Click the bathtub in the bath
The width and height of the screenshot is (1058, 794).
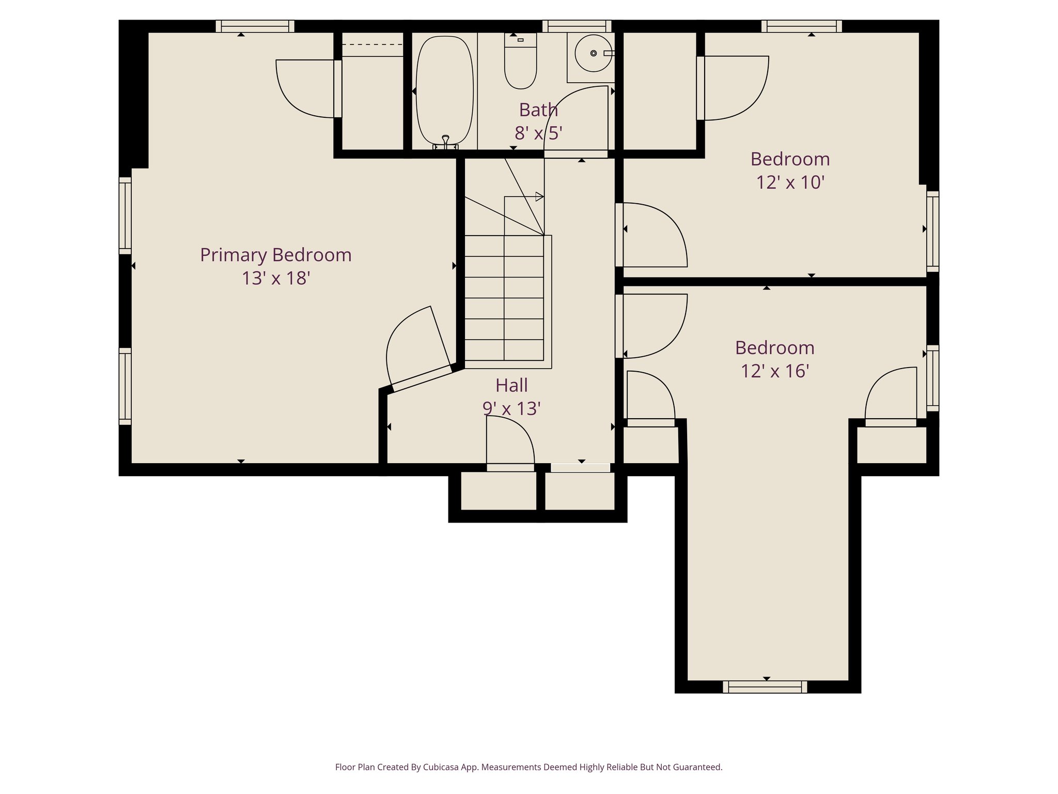tap(444, 90)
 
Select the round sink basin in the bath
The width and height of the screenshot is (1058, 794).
tap(593, 53)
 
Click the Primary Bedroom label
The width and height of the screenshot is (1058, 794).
tap(275, 255)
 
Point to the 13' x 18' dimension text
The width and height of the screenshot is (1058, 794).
tap(275, 278)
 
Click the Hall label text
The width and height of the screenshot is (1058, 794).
tap(511, 386)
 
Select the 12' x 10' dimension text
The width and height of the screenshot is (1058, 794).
tap(790, 182)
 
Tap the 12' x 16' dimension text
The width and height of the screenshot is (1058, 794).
tap(774, 371)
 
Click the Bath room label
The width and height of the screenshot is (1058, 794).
tap(538, 110)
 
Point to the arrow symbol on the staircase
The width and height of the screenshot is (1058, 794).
tap(539, 196)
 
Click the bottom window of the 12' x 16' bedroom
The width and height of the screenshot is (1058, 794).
tap(765, 687)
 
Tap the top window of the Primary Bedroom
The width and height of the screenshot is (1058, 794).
tap(255, 26)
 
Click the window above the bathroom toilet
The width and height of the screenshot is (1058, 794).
tap(577, 26)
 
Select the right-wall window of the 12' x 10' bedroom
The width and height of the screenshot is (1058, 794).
tap(932, 231)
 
